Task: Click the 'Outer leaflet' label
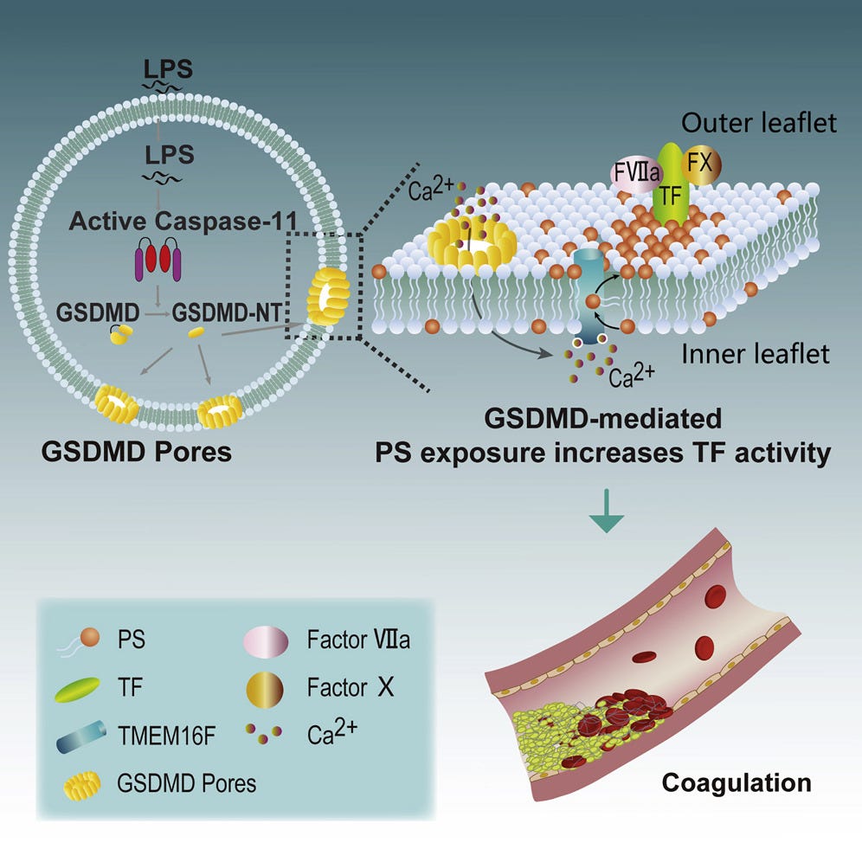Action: click(759, 123)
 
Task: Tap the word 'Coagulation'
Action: click(737, 782)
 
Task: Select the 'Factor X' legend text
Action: click(349, 690)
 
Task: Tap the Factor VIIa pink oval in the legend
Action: click(270, 641)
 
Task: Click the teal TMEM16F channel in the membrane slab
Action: click(591, 294)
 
